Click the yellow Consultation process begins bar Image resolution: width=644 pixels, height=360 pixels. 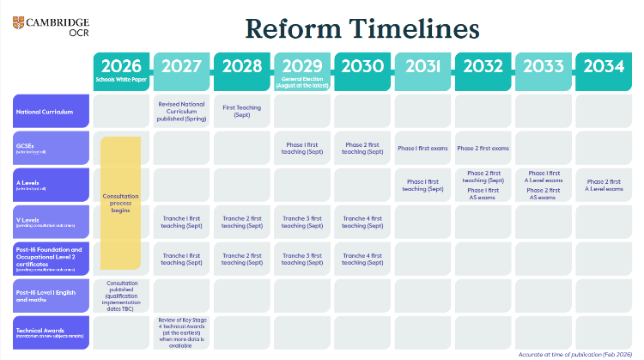[x=122, y=202]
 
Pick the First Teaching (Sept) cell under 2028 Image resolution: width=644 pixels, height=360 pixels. [x=242, y=111]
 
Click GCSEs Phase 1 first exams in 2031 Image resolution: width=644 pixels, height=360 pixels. [x=423, y=148]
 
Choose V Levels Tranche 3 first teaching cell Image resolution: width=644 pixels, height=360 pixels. [x=302, y=221]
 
